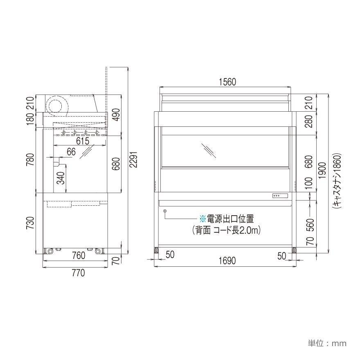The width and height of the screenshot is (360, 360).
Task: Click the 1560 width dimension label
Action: pyautogui.click(x=227, y=82)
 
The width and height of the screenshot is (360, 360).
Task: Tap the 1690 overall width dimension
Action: pyautogui.click(x=227, y=261)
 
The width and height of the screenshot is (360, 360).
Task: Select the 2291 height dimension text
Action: pyautogui.click(x=133, y=160)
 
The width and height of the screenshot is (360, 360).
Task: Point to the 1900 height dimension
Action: pyautogui.click(x=322, y=171)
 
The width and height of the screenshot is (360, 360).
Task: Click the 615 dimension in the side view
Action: pyautogui.click(x=83, y=141)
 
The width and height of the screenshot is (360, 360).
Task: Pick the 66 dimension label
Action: pyautogui.click(x=71, y=152)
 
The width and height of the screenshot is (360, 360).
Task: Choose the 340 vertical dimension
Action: pyautogui.click(x=61, y=178)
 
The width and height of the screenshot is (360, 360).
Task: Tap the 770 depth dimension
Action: pyautogui.click(x=79, y=273)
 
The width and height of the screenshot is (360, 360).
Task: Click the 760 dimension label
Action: pyautogui.click(x=79, y=256)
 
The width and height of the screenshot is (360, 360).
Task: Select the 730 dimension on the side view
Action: pyautogui.click(x=30, y=223)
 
